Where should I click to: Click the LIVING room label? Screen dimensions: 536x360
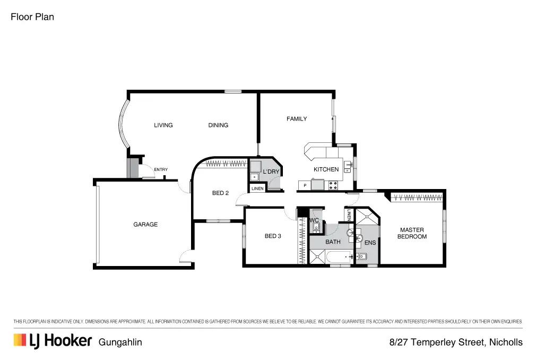[x=163, y=125]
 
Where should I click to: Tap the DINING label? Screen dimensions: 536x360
[x=218, y=125]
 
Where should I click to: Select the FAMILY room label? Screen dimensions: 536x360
[x=297, y=119]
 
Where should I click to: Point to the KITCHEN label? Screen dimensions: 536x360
[x=326, y=169]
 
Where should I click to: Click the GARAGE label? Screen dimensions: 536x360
[x=145, y=225]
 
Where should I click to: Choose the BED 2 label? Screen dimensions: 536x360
[x=220, y=193]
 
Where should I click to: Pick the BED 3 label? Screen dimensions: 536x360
[x=273, y=236]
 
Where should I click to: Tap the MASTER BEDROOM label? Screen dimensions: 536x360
[x=412, y=233]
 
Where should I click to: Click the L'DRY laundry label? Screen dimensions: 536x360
[x=271, y=172]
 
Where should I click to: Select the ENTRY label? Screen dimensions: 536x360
[x=161, y=170]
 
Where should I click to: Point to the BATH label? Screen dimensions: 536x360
[x=333, y=242]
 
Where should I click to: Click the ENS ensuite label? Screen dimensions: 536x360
[x=370, y=243]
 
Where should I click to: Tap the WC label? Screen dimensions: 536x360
[x=314, y=220]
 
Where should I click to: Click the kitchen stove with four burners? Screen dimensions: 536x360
[x=333, y=185]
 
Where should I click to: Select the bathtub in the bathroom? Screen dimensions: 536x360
[x=340, y=258]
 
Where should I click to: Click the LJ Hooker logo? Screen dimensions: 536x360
[x=53, y=341]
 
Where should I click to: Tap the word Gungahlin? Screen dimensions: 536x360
[x=120, y=342]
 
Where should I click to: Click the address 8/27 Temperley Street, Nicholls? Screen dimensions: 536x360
[x=456, y=342]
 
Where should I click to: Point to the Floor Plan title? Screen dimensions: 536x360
[x=32, y=17]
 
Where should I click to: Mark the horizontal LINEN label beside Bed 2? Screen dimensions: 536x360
[x=257, y=188]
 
